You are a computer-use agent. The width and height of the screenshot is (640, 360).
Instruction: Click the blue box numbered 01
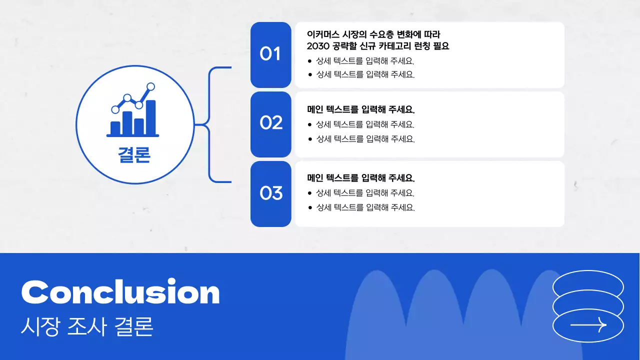(x=270, y=54)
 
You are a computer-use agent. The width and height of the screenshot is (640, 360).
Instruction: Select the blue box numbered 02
(x=270, y=123)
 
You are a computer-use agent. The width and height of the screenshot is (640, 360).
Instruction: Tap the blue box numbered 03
(x=270, y=193)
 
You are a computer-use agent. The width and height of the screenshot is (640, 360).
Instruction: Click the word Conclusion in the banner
(x=120, y=292)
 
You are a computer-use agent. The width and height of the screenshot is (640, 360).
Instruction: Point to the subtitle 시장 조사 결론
(x=87, y=327)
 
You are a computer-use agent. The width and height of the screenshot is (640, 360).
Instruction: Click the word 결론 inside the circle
(x=134, y=155)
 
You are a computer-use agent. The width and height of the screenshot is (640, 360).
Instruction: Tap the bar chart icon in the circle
(x=133, y=111)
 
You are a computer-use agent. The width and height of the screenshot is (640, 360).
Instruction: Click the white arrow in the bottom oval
(x=588, y=325)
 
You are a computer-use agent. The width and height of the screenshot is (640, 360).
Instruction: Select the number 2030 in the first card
(x=319, y=46)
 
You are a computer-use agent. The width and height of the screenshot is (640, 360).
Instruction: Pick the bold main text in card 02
(x=361, y=109)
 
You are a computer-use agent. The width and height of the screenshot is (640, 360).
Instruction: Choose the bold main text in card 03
(x=361, y=178)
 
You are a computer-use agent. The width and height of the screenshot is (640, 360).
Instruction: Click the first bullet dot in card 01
(x=310, y=61)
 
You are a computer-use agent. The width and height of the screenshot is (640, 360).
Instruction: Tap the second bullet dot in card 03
(x=310, y=207)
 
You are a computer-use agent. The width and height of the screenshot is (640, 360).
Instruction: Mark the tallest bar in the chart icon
(x=150, y=118)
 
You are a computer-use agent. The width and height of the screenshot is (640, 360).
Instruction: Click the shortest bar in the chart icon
(x=115, y=128)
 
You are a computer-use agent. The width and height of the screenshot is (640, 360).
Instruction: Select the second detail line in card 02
(x=365, y=139)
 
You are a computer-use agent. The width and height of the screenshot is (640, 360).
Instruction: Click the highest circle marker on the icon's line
(x=150, y=87)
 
